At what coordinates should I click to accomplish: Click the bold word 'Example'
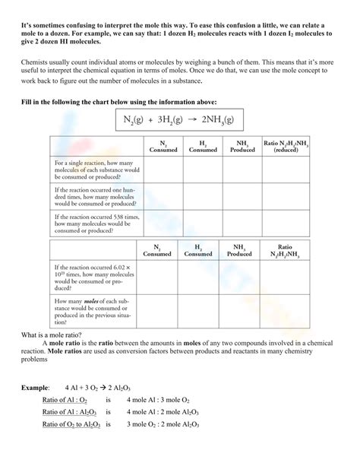(35, 387)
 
